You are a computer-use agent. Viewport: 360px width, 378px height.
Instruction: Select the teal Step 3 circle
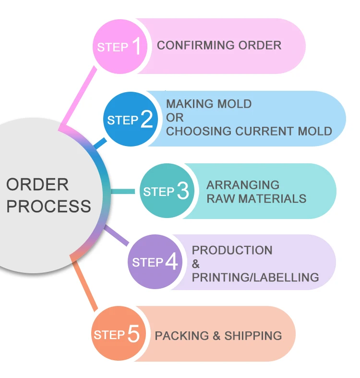point(166,191)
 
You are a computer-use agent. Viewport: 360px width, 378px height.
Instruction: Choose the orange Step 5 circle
point(118,334)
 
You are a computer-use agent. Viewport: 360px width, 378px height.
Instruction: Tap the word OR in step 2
point(175,117)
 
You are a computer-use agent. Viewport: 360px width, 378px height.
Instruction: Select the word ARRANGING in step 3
point(243,185)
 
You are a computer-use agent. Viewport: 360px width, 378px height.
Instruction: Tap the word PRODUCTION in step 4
point(232,250)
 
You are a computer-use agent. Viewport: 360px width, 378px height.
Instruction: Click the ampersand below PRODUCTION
point(196,264)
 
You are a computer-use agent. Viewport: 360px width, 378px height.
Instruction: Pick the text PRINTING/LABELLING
point(255,277)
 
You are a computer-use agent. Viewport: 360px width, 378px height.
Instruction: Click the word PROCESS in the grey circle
point(48,206)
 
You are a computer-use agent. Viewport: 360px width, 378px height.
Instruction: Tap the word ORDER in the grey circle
point(37,184)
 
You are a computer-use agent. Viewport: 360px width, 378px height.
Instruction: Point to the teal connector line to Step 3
point(123,191)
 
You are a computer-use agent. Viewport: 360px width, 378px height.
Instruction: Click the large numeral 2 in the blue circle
point(147,119)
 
